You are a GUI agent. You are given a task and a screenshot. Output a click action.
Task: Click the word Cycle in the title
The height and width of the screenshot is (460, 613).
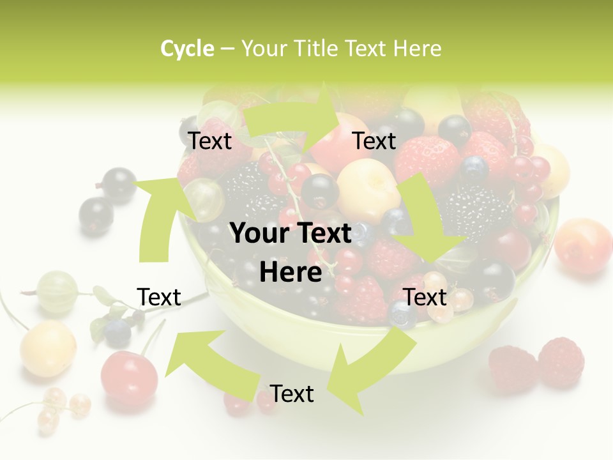[x=187, y=49]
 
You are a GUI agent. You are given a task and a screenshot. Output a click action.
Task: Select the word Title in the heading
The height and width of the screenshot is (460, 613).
[x=318, y=49]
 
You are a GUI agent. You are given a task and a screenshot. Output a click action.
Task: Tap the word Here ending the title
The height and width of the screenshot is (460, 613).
[x=417, y=49]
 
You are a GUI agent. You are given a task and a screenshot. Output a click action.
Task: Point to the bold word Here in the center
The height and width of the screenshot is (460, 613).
[x=291, y=273]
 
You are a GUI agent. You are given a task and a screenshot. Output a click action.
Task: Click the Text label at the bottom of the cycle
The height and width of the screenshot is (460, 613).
[x=292, y=394]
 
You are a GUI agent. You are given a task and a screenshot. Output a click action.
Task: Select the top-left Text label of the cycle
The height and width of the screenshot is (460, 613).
[x=209, y=141]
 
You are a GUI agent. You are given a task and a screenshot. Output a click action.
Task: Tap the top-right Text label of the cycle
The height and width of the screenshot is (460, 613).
[x=374, y=141]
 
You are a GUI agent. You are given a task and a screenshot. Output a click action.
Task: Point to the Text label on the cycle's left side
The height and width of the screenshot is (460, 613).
[x=159, y=297]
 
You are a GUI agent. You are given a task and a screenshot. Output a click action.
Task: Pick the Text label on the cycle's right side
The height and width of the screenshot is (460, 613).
[x=425, y=297]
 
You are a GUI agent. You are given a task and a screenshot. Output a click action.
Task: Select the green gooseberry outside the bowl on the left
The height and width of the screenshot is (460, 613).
[x=57, y=291]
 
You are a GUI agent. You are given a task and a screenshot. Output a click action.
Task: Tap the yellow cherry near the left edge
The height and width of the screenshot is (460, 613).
[x=48, y=348]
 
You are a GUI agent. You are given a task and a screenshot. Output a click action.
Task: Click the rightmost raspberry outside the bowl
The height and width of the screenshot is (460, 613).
[x=561, y=362]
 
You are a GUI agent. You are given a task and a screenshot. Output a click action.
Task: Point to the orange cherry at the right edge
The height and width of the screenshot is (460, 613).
[x=583, y=245]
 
